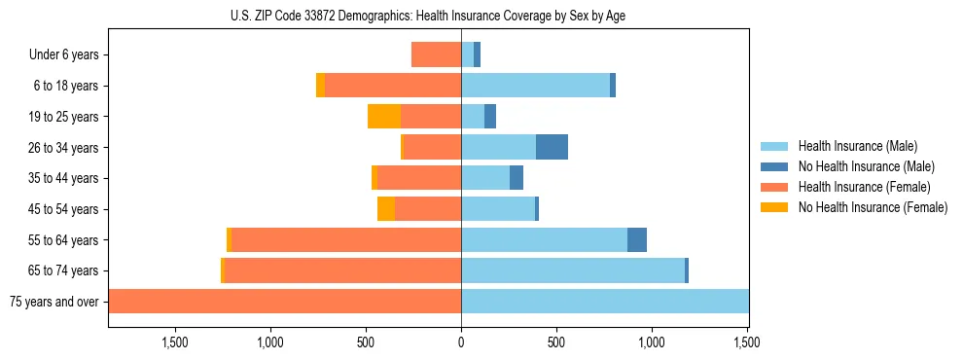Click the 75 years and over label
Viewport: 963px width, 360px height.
54,302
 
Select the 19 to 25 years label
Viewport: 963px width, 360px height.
64,117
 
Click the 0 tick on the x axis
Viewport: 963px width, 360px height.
461,342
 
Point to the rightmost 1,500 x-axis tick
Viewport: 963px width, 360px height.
747,342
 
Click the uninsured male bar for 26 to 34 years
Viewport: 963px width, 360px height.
552,147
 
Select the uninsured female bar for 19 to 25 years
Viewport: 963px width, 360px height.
384,117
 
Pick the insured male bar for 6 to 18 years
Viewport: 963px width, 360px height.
535,86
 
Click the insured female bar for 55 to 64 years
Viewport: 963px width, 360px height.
346,239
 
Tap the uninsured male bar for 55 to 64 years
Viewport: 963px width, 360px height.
637,239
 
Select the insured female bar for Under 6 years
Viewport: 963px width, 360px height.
436,54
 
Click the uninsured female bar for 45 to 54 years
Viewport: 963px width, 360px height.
386,209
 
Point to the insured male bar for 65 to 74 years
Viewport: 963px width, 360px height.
573,270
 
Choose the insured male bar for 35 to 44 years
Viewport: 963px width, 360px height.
485,178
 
